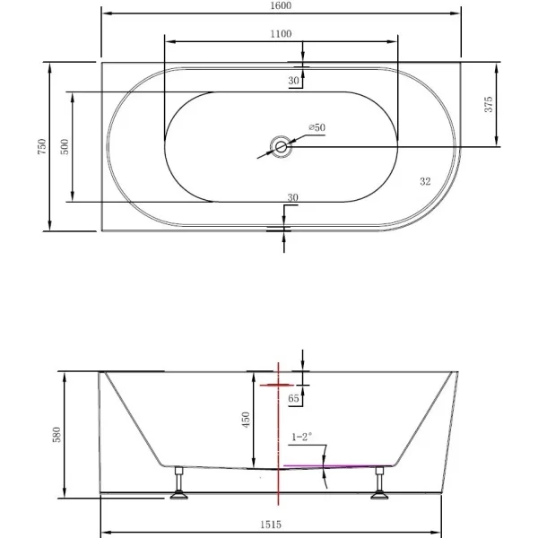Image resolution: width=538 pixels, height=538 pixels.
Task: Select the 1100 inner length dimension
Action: point(281,33)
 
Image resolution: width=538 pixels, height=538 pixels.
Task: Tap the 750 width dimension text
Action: point(41,146)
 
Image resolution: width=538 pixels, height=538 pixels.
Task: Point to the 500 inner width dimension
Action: point(65,146)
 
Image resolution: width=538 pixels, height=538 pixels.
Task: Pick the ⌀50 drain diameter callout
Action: point(317,128)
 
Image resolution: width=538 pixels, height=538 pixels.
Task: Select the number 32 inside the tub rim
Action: point(425,180)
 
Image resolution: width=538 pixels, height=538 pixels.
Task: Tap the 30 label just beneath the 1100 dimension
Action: point(293,81)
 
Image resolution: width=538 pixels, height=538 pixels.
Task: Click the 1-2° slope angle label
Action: point(302,438)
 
